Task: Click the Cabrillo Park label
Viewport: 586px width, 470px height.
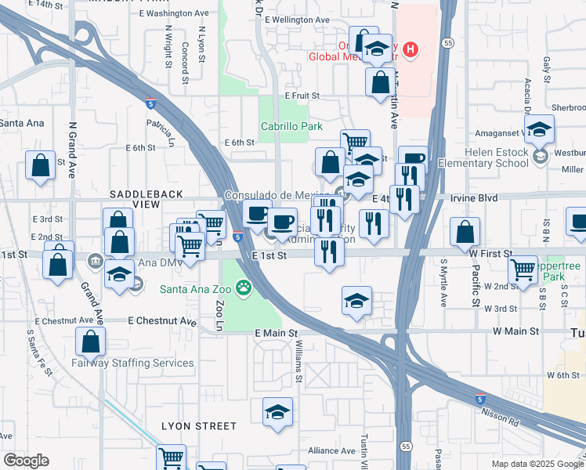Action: point(291,126)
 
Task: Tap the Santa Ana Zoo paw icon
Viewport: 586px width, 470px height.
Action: point(244,287)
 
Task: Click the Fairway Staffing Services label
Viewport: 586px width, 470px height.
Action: point(132,363)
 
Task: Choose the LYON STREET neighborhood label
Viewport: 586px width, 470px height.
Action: point(199,426)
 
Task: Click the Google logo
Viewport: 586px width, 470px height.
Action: point(26,461)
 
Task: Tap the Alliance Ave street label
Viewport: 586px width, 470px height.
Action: point(332,450)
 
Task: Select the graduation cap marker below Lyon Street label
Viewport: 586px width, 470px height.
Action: point(277,412)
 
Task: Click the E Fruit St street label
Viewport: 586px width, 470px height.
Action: point(302,96)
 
